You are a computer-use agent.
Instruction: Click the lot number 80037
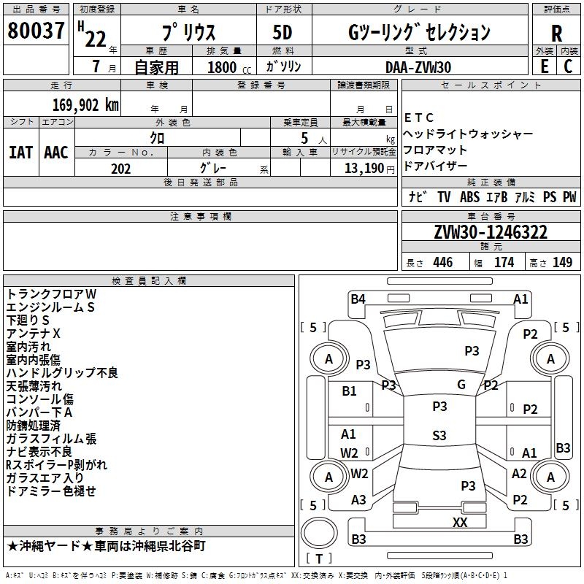(x=36, y=31)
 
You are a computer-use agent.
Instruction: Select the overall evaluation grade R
(x=556, y=34)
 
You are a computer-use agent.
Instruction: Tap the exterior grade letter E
(x=543, y=66)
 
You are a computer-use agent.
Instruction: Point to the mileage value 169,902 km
(x=85, y=104)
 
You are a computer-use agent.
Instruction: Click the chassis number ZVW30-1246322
(x=490, y=232)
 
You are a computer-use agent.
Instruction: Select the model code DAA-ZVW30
(x=418, y=66)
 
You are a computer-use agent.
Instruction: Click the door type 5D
(x=282, y=33)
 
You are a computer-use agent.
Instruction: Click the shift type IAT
(x=20, y=153)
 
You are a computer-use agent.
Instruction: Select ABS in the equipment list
(x=469, y=197)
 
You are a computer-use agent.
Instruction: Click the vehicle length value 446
(x=442, y=263)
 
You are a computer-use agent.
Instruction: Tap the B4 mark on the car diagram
(x=358, y=299)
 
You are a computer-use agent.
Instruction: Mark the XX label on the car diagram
(x=460, y=522)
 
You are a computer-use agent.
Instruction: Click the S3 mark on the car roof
(x=439, y=436)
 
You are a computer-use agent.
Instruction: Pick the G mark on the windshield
(x=461, y=385)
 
